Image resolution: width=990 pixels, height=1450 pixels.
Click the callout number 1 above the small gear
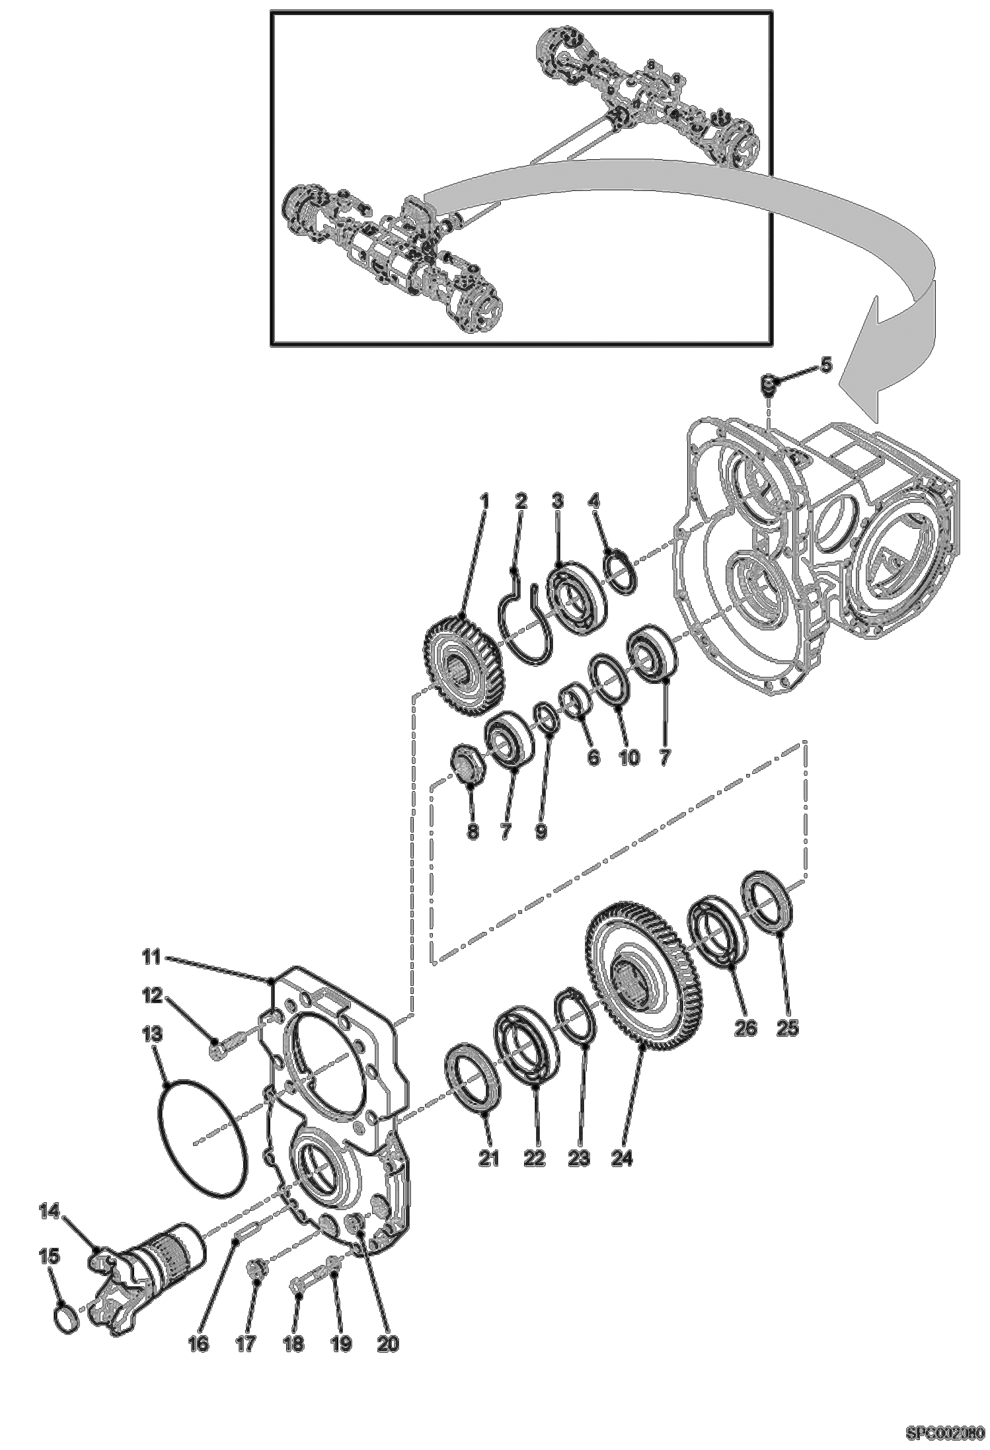(484, 502)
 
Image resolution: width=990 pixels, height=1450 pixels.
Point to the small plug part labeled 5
(769, 383)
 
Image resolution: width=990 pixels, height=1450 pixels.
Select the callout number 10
(628, 757)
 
